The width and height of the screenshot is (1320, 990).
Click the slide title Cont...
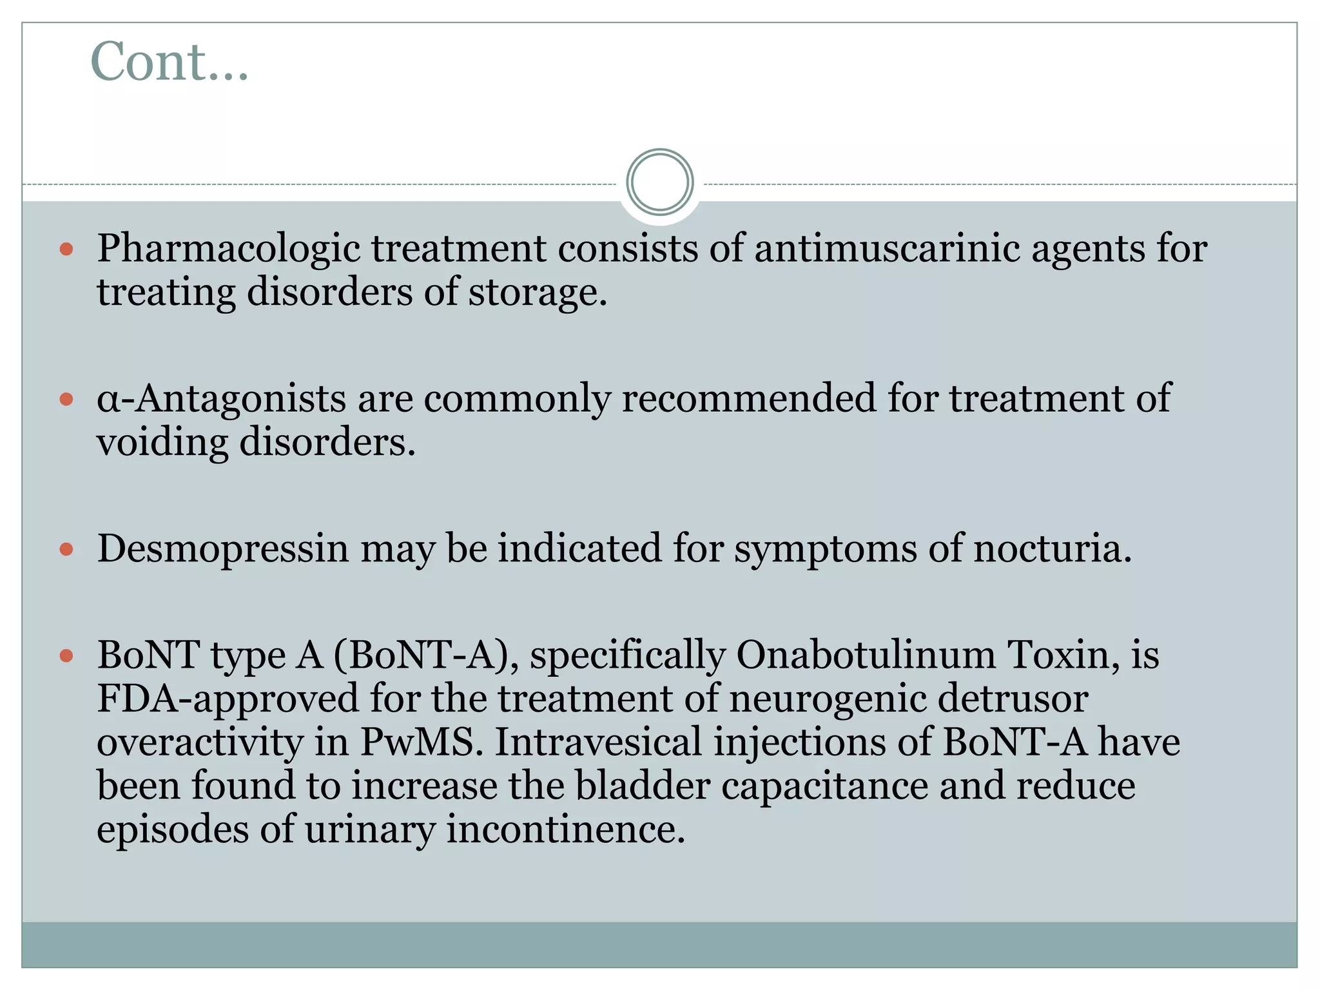pyautogui.click(x=169, y=62)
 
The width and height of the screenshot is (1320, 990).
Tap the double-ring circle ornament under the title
pyautogui.click(x=659, y=182)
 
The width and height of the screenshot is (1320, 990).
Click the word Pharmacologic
pyautogui.click(x=228, y=249)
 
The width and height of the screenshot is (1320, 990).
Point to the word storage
pyautogui.click(x=537, y=293)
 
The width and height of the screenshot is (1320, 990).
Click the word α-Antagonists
pyautogui.click(x=221, y=398)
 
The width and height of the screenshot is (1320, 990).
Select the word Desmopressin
pyautogui.click(x=222, y=549)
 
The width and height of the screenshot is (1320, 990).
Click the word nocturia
pyautogui.click(x=1052, y=548)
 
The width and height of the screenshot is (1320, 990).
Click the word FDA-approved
pyautogui.click(x=228, y=699)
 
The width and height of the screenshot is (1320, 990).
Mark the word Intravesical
pyautogui.click(x=597, y=742)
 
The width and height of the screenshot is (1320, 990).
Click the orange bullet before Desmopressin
pyautogui.click(x=66, y=550)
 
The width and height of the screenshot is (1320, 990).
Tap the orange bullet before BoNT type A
pyautogui.click(x=66, y=656)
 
